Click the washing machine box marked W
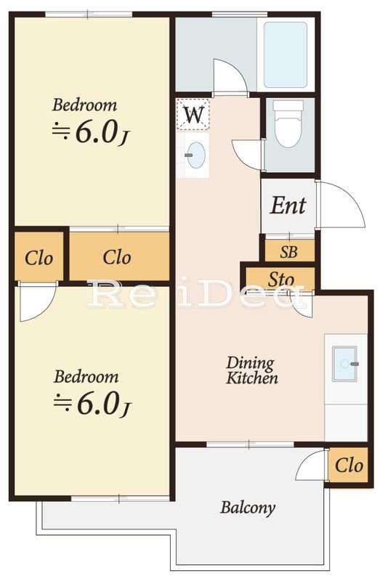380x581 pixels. [193, 114]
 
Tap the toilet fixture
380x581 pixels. [288, 123]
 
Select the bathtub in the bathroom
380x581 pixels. [285, 55]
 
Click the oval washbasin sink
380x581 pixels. [196, 155]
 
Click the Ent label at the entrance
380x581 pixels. [288, 206]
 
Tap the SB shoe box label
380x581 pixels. [288, 252]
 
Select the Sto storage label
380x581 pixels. [281, 280]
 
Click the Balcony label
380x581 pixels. [248, 508]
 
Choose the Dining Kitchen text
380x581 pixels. [251, 370]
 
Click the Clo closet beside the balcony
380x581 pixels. [349, 466]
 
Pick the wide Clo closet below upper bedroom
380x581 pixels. [119, 256]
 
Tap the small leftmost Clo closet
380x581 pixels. [39, 256]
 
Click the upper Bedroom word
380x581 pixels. [84, 105]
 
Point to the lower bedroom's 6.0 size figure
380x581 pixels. [100, 404]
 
